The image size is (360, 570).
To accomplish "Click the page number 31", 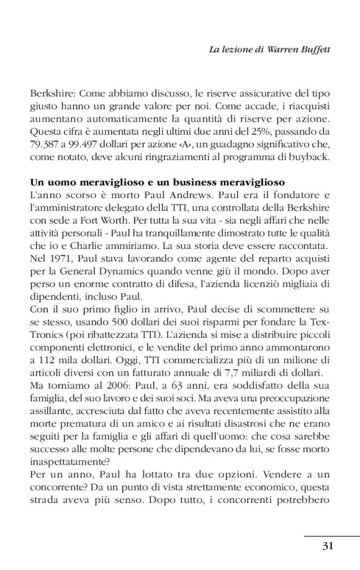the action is pyautogui.click(x=329, y=546).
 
